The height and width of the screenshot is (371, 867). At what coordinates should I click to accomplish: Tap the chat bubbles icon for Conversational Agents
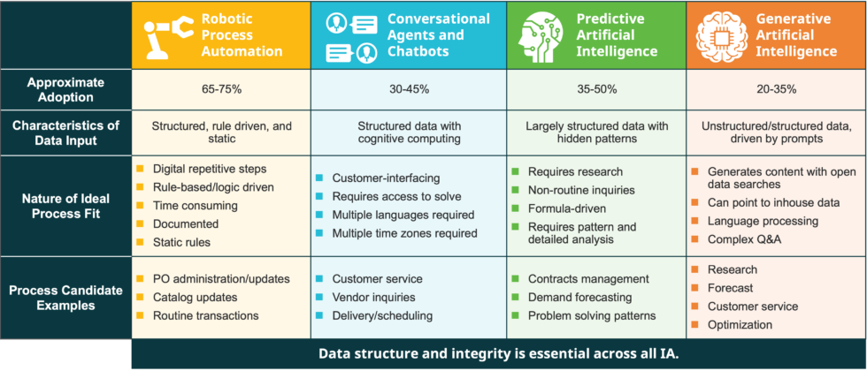pos(351,36)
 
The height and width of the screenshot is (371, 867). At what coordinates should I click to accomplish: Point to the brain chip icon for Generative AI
pos(721,36)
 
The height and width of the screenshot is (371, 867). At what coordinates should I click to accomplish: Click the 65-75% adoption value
pos(221,89)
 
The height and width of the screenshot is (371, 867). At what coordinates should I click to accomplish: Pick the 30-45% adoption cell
pos(408,89)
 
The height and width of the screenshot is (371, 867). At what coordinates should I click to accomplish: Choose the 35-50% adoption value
pos(596,89)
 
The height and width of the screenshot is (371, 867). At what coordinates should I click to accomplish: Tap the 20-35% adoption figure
pos(776,89)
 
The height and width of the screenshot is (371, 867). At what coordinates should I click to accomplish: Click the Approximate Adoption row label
pos(65,89)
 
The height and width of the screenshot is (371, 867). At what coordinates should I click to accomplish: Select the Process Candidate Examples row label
pos(65,297)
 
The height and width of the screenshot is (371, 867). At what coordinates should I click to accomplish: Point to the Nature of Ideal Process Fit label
pos(65,205)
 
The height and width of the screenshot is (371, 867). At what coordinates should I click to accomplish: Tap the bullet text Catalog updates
pos(195,298)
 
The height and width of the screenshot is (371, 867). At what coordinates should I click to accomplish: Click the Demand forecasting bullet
pos(579,298)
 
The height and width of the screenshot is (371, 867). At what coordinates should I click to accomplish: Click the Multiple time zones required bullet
pos(404,234)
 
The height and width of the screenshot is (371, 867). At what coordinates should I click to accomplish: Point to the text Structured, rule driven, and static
pos(221,133)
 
